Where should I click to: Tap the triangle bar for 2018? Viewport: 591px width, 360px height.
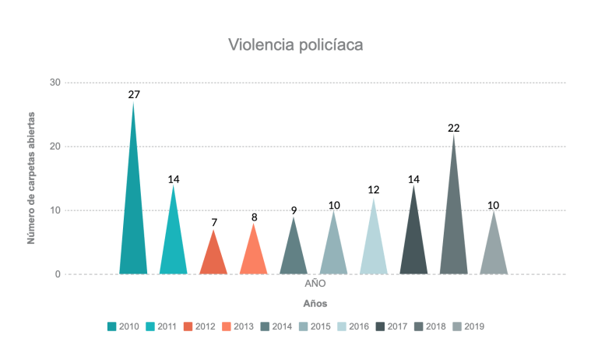click(x=454, y=234)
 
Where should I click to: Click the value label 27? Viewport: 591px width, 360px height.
click(x=134, y=94)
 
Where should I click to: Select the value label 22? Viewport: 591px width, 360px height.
click(x=454, y=127)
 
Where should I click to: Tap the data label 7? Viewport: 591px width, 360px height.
click(x=214, y=222)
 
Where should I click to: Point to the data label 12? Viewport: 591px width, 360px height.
click(x=374, y=190)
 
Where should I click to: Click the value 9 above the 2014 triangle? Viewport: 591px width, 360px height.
click(x=294, y=210)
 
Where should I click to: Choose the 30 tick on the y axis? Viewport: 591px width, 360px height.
click(x=55, y=83)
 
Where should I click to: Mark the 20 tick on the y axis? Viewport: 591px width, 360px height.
click(x=55, y=146)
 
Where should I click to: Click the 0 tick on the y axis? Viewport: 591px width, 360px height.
click(x=58, y=274)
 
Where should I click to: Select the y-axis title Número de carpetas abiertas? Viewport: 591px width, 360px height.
click(x=32, y=178)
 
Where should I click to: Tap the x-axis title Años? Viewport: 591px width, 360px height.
click(x=315, y=302)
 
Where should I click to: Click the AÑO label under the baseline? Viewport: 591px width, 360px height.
click(x=315, y=284)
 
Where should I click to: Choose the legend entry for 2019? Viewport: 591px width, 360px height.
click(x=469, y=326)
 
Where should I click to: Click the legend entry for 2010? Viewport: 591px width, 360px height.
click(x=124, y=326)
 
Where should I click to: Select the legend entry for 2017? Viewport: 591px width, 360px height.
click(x=393, y=326)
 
